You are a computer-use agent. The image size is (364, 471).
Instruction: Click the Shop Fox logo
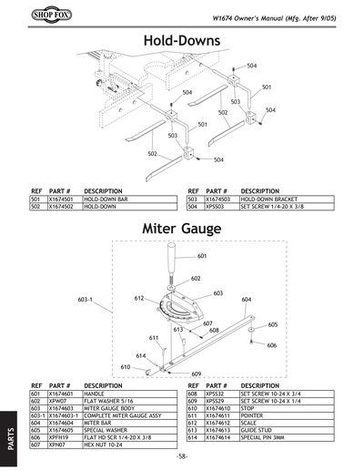[x=43, y=15]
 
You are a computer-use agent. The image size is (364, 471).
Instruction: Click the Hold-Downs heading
[x=182, y=42]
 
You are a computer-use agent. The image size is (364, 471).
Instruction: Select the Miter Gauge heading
[x=182, y=227]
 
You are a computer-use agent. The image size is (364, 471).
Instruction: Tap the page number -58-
[x=183, y=456]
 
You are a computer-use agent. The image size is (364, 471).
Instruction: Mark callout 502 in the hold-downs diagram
[x=153, y=154]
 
